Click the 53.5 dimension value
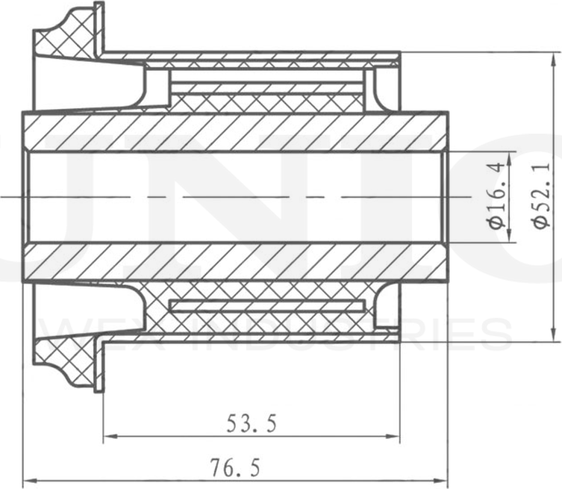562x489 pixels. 252,424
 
